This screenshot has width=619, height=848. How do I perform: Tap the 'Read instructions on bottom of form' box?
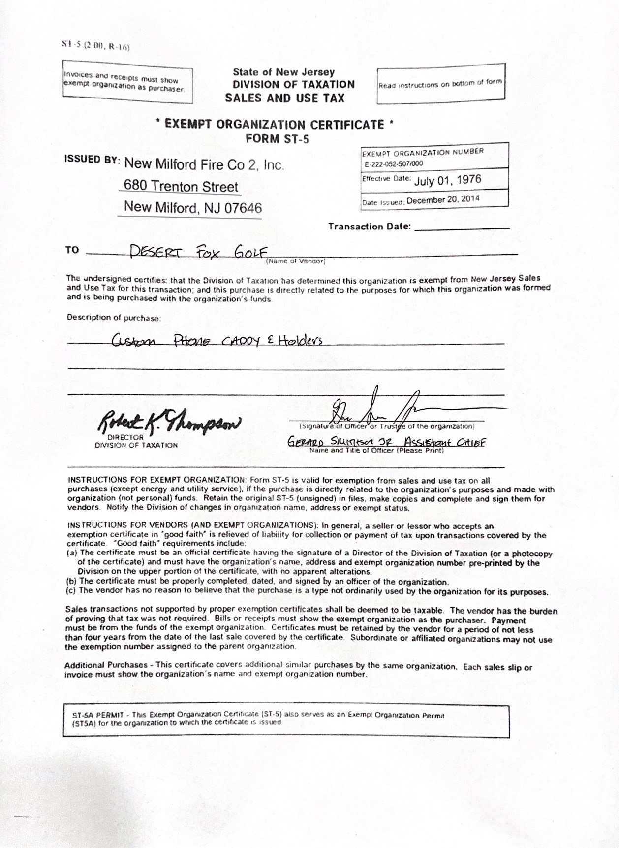441,84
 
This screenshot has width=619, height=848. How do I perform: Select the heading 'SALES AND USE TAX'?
285,98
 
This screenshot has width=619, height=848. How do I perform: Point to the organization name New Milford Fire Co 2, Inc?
204,164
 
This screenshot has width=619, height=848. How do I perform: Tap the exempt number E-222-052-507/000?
394,163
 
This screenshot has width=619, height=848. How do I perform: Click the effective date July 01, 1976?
447,179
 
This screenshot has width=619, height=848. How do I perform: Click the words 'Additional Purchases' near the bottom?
105,665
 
